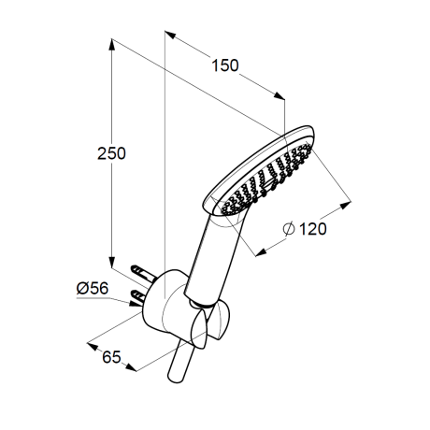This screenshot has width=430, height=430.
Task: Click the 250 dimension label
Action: coord(111,153)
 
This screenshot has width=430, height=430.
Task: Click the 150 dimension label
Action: coord(225,65)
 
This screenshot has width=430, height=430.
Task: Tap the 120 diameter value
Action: coord(312,229)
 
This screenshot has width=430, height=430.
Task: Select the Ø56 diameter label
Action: coord(93,288)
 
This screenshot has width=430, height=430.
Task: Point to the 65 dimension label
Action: coord(111,357)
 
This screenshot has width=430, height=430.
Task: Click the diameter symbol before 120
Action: coord(289,229)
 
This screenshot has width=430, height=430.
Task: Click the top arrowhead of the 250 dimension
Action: coord(111,45)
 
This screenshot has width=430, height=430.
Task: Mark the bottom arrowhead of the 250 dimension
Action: coord(111,262)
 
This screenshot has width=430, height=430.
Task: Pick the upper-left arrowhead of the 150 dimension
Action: coord(170,35)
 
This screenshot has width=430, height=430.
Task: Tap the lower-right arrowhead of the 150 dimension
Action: coord(279,96)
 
